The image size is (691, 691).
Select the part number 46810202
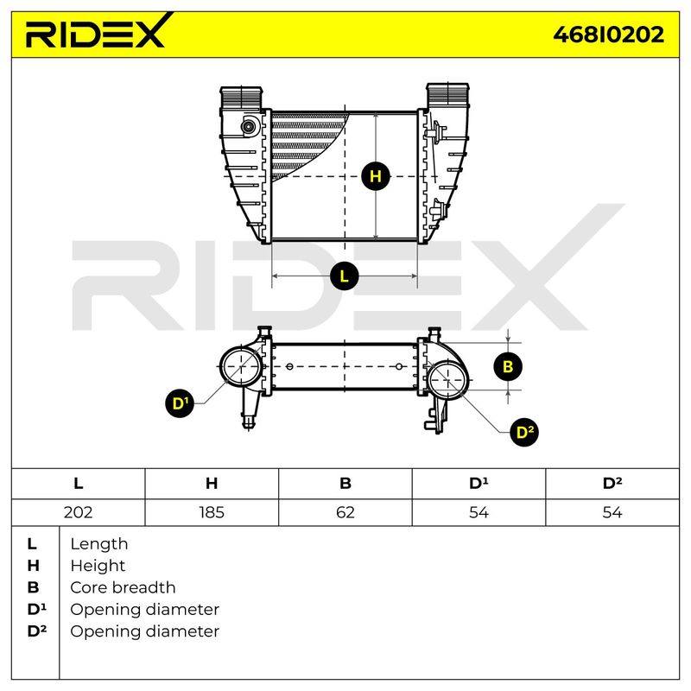click(x=609, y=35)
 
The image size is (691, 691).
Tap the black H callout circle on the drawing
click(x=376, y=176)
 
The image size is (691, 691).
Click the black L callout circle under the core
click(x=344, y=276)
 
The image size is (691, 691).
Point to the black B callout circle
click(x=508, y=366)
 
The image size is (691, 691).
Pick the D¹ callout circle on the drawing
click(x=180, y=403)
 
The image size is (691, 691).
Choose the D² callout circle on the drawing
click(x=524, y=433)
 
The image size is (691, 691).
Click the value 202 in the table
click(x=78, y=512)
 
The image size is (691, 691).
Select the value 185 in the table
click(x=212, y=512)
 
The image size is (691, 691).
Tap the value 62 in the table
click(x=345, y=512)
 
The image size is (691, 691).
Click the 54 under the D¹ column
click(x=479, y=512)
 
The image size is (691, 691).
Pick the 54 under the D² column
click(x=612, y=512)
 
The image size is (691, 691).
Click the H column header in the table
click(x=212, y=484)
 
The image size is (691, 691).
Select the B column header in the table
click(x=345, y=484)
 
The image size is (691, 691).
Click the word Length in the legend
click(x=99, y=544)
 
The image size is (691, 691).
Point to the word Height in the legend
click(x=98, y=566)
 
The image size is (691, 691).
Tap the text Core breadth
click(x=123, y=587)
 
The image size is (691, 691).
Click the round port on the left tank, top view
click(x=249, y=127)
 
